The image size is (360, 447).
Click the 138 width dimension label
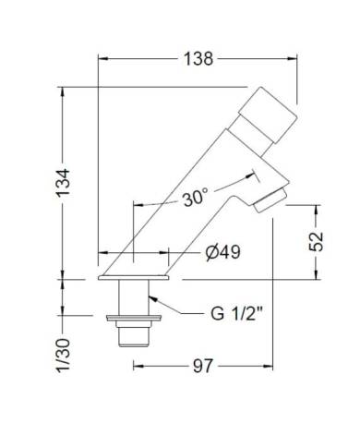[197, 59]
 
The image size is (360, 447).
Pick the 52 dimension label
[316, 242]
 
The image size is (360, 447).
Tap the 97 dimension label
[203, 367]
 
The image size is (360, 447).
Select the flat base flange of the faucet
[135, 276]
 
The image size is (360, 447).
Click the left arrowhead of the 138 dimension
[102, 59]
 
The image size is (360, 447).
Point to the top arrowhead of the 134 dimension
[64, 91]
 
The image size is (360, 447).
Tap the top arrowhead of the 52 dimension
[317, 210]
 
